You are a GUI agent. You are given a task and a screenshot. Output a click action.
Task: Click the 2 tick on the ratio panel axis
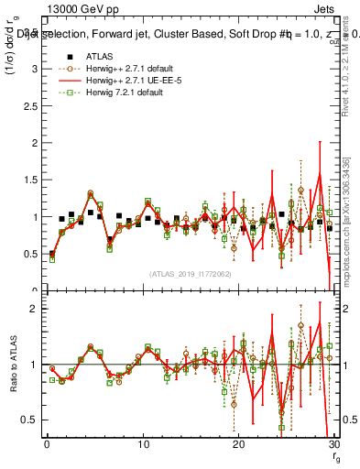click(36, 309)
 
